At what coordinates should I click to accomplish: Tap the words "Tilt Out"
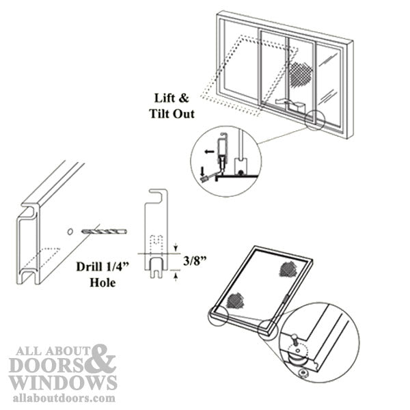click(x=169, y=113)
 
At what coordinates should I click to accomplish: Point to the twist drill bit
click(x=103, y=232)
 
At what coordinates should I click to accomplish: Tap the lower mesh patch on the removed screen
click(x=236, y=299)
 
